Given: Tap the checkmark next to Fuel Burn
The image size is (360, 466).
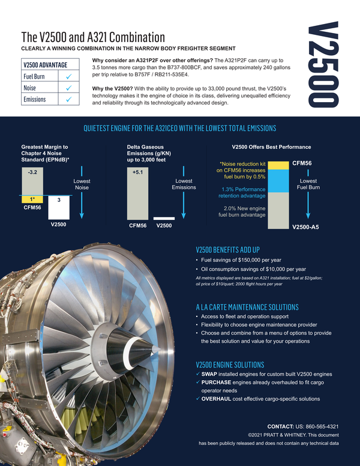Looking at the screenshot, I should (x=70, y=76).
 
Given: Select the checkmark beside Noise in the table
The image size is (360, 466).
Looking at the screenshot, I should (x=70, y=88).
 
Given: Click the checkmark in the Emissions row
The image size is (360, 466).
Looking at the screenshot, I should (x=70, y=99).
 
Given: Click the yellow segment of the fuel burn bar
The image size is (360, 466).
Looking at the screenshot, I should (x=277, y=165).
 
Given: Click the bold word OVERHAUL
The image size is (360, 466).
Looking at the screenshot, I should (x=221, y=399).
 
